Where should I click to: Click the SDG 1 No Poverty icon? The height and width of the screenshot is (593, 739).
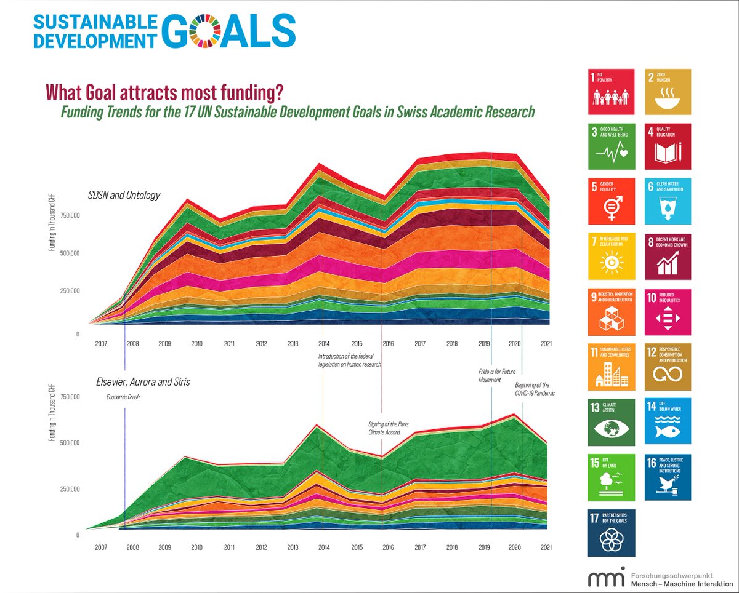[612, 91]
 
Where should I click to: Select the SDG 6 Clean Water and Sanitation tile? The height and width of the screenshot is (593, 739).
[668, 201]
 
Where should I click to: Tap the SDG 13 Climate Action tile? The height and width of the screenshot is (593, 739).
[612, 422]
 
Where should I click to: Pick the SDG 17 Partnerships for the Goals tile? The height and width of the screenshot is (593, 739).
[612, 533]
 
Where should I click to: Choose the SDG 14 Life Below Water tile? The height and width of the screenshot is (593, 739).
[668, 422]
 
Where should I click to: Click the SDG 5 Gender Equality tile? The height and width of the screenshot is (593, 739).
[612, 201]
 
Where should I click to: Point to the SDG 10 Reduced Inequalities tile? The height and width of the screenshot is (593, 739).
[668, 311]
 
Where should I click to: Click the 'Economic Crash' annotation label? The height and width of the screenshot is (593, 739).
[123, 397]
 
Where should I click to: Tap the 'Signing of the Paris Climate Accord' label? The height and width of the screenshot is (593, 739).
[384, 428]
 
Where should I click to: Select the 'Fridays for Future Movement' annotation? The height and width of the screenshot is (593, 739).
[496, 376]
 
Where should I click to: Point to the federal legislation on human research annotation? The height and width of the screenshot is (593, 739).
[350, 360]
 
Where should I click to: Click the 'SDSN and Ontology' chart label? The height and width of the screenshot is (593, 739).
[124, 195]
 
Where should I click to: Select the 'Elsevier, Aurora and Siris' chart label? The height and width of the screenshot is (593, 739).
[143, 382]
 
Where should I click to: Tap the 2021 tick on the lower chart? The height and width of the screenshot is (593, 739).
[545, 547]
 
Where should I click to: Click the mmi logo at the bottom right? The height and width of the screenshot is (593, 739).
[607, 578]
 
